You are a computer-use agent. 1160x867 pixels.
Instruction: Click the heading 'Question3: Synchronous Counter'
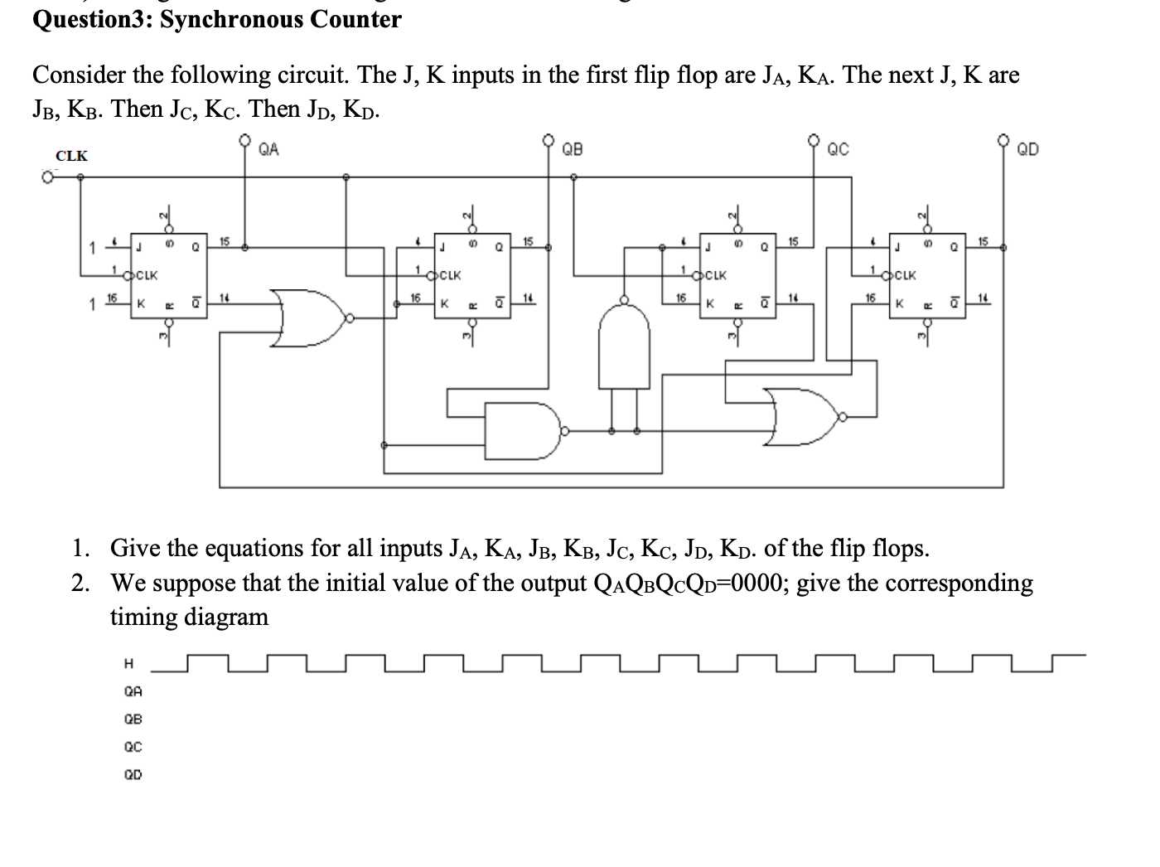[x=216, y=18]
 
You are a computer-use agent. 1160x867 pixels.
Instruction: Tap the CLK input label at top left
[x=71, y=156]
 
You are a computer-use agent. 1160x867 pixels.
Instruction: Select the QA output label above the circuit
[x=268, y=150]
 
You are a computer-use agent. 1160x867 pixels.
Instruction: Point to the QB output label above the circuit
[x=573, y=150]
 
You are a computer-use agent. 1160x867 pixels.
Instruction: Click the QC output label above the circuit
[x=839, y=150]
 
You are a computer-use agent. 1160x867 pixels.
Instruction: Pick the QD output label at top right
[x=1027, y=150]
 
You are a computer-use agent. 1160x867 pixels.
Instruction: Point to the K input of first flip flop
[x=141, y=303]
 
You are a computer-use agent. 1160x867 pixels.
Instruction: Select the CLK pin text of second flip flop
[x=452, y=274]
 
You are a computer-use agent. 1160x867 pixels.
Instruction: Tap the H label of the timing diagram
[x=128, y=663]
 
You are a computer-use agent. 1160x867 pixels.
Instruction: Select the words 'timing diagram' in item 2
[x=189, y=617]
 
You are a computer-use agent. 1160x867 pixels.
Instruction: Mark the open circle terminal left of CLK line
[x=50, y=177]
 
